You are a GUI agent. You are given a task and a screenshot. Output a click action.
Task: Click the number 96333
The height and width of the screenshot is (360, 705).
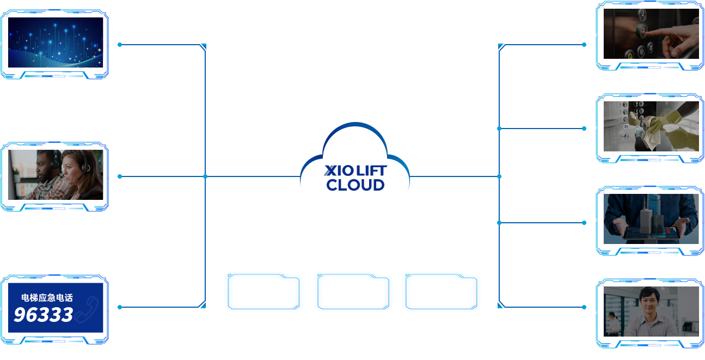43,315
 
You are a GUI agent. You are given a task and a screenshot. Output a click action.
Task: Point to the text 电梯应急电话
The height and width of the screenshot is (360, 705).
47,298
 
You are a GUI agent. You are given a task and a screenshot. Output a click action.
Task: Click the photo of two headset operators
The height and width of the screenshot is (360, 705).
55,175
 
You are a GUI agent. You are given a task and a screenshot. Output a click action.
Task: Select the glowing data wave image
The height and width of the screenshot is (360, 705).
55,42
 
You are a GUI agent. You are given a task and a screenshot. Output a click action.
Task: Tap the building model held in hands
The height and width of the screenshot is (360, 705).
651,218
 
